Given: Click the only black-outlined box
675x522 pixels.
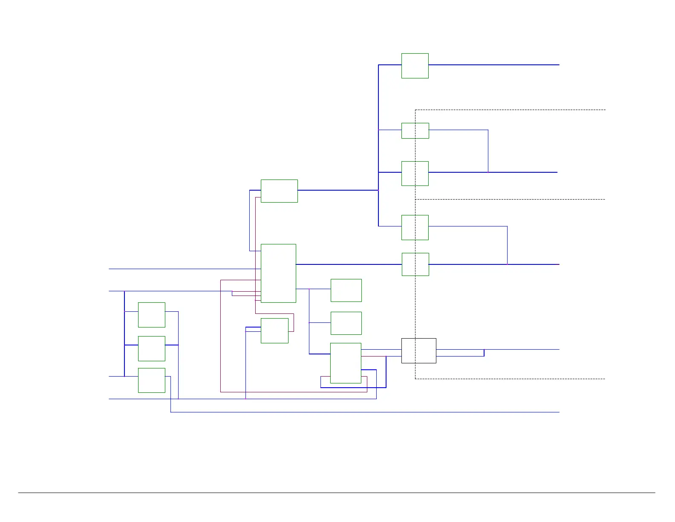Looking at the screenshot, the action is point(418,351).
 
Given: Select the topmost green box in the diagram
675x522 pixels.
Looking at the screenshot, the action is point(415,66).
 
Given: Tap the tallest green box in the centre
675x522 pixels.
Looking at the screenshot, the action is point(278,273).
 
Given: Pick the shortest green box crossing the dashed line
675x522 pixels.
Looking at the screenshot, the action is point(415,130).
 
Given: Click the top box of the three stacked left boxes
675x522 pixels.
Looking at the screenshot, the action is point(151,315).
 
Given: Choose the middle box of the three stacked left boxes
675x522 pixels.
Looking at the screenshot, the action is point(151,348).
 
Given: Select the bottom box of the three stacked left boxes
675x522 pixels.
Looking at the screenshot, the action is point(151,380).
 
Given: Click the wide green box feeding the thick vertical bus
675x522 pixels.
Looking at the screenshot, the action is point(279,191).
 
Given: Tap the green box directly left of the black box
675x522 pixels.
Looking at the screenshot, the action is point(346,363).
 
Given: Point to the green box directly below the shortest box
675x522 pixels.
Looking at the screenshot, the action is point(415,173).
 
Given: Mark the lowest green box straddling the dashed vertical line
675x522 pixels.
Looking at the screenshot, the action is point(415,264).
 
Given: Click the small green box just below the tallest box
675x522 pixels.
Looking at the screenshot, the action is point(274,331).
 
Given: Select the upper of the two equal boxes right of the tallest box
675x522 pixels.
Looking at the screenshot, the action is point(346,290).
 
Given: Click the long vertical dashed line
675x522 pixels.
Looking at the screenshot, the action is point(415,307).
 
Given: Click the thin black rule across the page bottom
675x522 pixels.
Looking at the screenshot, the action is point(337,493).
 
